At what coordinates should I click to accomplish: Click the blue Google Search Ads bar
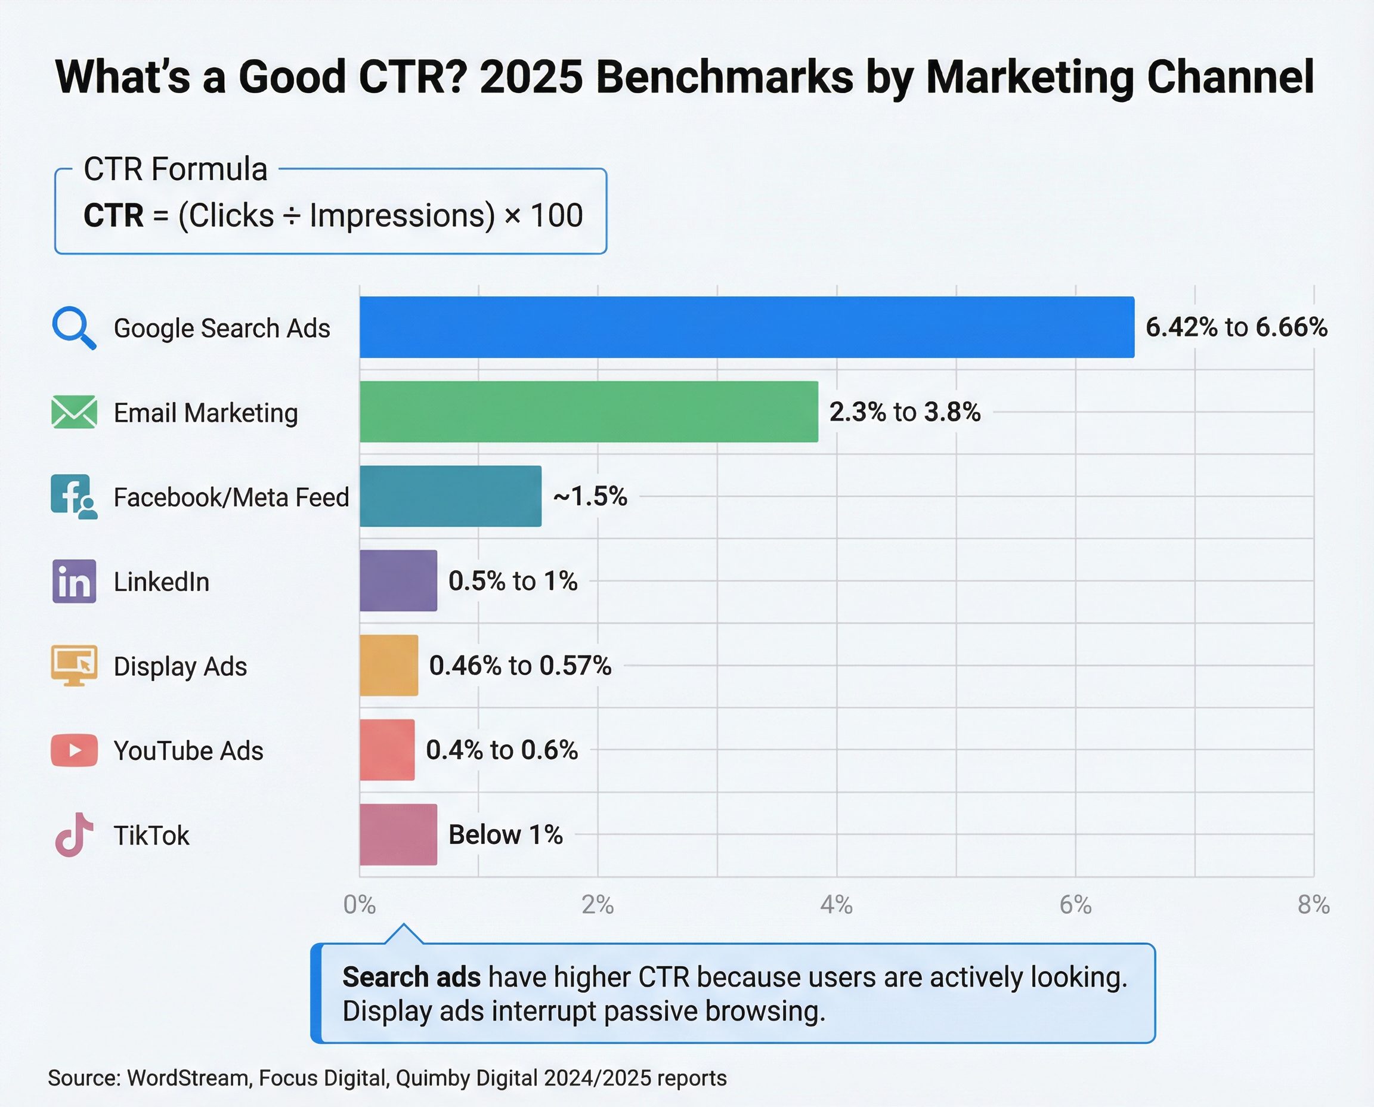click(x=746, y=327)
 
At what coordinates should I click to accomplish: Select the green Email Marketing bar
click(x=589, y=412)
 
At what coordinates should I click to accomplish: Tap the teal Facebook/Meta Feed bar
click(x=450, y=496)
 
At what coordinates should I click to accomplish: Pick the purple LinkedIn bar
click(x=398, y=581)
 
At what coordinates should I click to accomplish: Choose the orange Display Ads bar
click(x=388, y=665)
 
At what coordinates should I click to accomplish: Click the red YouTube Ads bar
click(x=386, y=750)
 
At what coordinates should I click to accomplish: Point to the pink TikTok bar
click(x=398, y=834)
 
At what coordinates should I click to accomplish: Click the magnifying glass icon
click(x=74, y=329)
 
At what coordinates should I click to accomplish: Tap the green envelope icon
click(x=74, y=412)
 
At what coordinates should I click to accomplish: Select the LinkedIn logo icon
click(x=74, y=582)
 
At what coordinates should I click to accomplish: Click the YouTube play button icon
click(x=74, y=750)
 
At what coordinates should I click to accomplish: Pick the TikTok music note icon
click(x=74, y=834)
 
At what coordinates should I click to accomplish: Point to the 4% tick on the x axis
click(x=836, y=904)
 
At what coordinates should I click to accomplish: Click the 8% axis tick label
click(x=1313, y=904)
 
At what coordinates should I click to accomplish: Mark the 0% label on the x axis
click(x=359, y=904)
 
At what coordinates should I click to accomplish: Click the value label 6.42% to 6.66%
click(x=1236, y=327)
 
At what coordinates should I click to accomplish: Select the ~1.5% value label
click(x=590, y=496)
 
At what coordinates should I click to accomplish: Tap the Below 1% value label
click(x=505, y=834)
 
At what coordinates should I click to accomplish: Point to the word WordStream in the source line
click(x=188, y=1078)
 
